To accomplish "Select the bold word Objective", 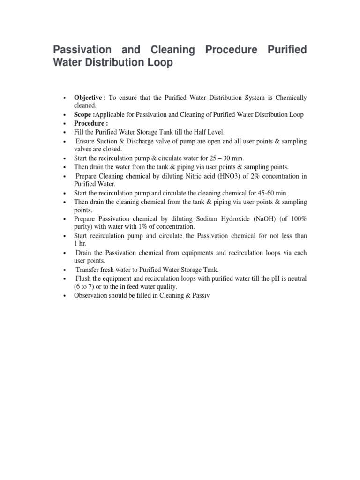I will click(x=88, y=97).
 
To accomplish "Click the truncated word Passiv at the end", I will click(x=204, y=295).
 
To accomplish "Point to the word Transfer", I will click(x=88, y=270).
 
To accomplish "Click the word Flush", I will click(x=84, y=278).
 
